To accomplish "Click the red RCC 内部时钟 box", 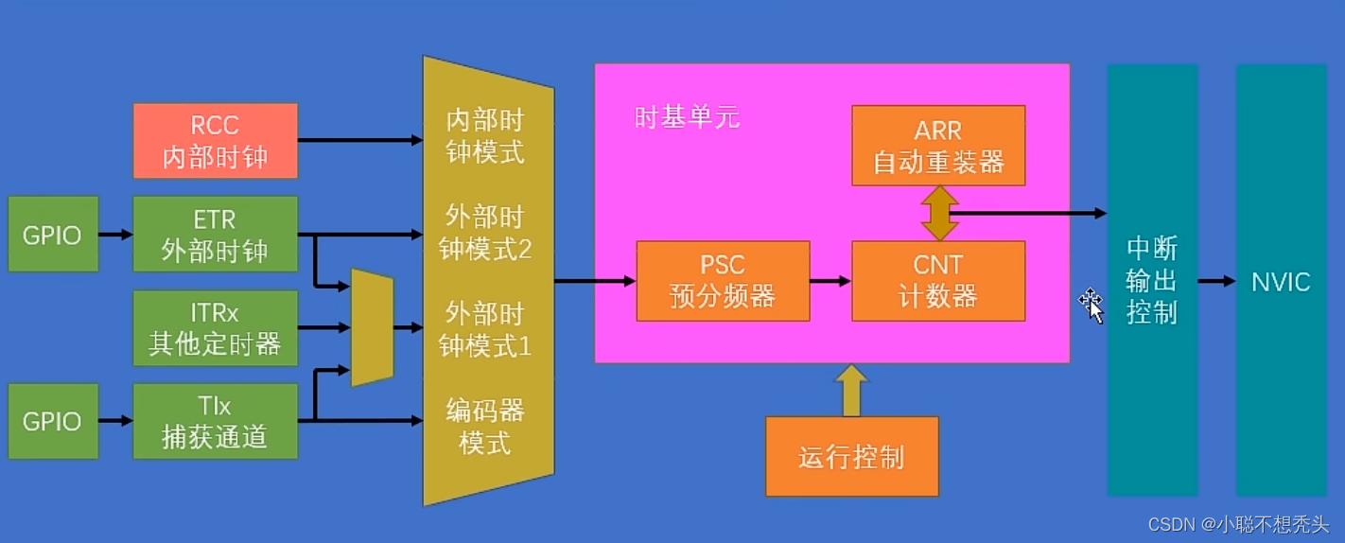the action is coord(215,141).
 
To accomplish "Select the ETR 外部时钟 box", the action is coord(215,235).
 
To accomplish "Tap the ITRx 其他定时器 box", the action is coord(215,328).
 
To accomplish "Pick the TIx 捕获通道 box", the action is coord(215,421).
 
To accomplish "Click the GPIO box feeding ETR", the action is coord(53,235).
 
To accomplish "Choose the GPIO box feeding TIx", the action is coord(53,421).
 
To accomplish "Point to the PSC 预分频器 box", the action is coord(723,281).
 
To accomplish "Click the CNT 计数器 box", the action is coord(938,281).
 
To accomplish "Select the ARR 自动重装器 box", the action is coord(938,146).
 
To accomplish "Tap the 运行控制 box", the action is coord(852,457).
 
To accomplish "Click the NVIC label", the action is coord(1281,282).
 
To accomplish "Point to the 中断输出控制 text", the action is coord(1152,281).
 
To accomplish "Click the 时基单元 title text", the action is coord(687,117).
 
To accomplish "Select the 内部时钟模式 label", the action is coord(485,136).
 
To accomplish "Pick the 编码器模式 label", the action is coord(485,427).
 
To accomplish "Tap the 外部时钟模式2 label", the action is coord(485,233).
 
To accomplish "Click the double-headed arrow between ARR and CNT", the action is coord(939,213).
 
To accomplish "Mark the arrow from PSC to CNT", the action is coord(830,281).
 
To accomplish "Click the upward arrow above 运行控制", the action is coord(851,391).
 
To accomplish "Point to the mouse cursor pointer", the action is coord(1092,307).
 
